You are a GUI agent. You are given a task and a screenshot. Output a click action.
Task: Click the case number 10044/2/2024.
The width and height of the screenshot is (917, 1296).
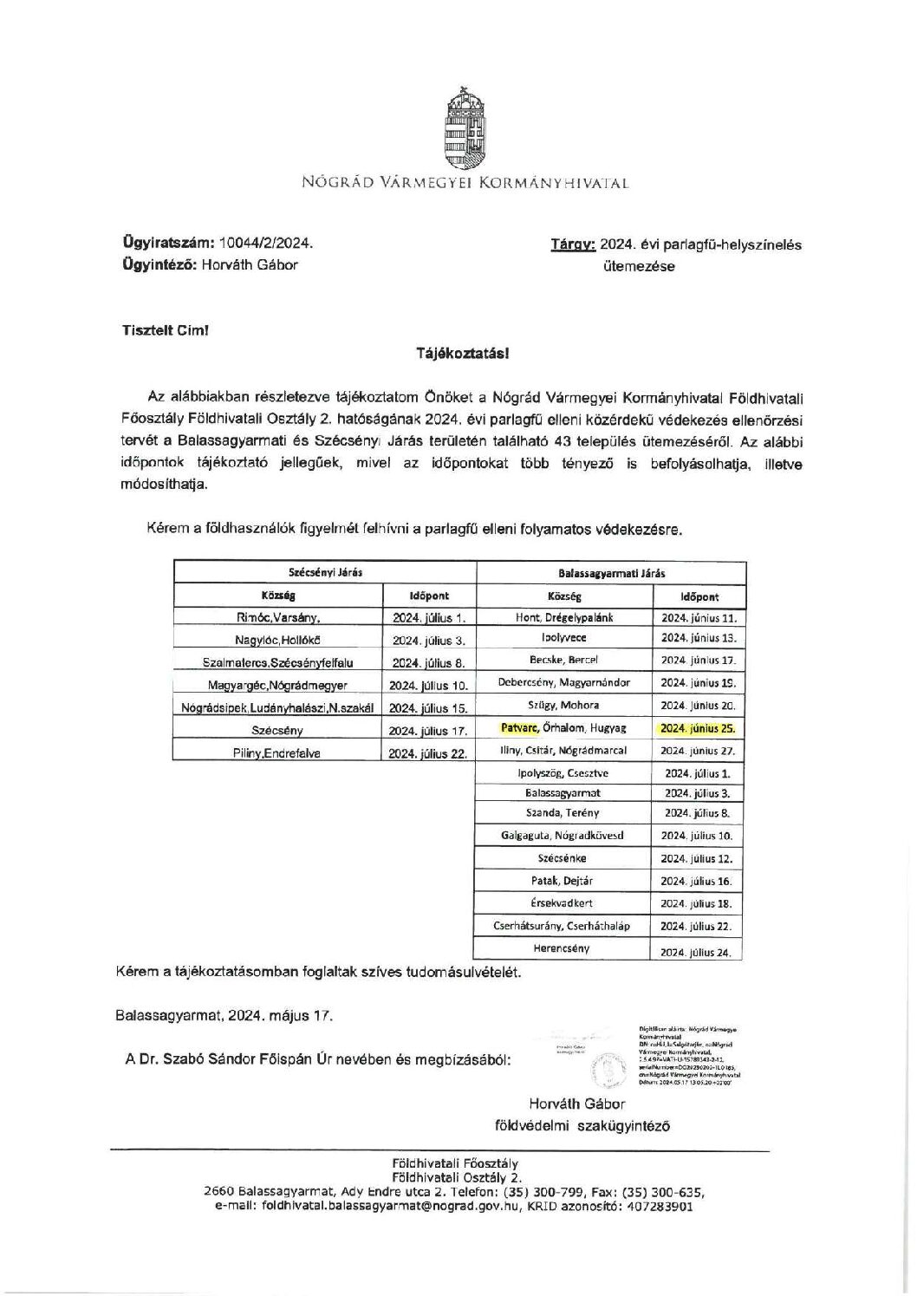(x=268, y=244)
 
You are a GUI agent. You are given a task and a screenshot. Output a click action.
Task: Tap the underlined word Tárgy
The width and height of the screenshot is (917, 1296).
(x=573, y=244)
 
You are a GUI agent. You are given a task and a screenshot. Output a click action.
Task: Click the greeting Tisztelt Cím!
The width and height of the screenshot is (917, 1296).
(x=164, y=330)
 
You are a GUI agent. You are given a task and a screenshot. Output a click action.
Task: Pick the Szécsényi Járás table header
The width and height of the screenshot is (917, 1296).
(x=325, y=573)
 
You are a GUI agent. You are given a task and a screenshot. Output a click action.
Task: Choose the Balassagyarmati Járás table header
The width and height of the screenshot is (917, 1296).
(x=611, y=573)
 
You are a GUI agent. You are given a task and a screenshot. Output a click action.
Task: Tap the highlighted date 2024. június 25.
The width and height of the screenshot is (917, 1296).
(x=698, y=728)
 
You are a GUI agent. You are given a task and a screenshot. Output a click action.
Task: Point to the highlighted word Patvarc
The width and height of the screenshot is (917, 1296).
(x=519, y=728)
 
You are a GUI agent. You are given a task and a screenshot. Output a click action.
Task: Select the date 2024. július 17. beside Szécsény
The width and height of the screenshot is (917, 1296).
(x=428, y=731)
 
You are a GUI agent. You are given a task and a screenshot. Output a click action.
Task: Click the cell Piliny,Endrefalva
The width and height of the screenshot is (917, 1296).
(x=277, y=753)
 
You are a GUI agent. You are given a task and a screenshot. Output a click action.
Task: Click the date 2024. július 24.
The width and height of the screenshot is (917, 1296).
(x=698, y=952)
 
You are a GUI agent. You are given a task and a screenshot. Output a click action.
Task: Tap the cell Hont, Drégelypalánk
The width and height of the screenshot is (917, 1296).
(x=564, y=618)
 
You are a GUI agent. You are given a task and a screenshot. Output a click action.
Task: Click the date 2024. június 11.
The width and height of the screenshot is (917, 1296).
(x=698, y=618)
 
